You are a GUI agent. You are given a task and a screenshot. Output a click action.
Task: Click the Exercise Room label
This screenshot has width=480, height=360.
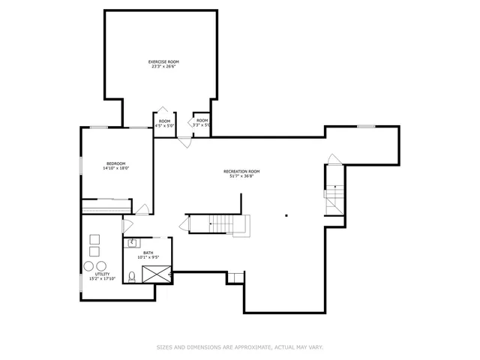click(x=163, y=61)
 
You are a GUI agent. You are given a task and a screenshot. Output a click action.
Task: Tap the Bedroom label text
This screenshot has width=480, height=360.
click(x=115, y=163)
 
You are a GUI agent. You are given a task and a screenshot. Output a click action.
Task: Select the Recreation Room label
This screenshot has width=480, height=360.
click(x=241, y=172)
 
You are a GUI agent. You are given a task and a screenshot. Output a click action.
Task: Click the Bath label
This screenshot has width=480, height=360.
click(x=148, y=253)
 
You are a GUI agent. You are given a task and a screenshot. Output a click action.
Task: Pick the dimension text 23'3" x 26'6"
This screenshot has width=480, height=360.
click(x=163, y=67)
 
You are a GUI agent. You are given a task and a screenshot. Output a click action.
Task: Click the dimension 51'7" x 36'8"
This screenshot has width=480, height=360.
click(x=241, y=176)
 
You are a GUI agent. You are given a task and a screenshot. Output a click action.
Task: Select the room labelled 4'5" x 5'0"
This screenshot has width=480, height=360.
click(x=164, y=123)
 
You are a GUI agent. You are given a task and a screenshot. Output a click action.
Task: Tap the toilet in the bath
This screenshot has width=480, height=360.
click(x=132, y=276)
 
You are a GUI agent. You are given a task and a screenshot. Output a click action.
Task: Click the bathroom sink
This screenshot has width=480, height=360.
click(x=132, y=242)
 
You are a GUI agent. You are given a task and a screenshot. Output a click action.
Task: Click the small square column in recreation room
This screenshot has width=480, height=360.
click(x=286, y=215)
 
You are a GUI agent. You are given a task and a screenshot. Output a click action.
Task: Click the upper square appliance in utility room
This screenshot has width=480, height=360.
click(x=94, y=239)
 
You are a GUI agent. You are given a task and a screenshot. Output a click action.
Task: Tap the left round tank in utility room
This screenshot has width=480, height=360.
click(x=88, y=266)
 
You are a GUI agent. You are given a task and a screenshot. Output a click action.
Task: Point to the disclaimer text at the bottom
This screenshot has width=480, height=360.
click(x=240, y=347)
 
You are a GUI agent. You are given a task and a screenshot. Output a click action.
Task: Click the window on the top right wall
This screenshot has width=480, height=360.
click(x=365, y=126)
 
